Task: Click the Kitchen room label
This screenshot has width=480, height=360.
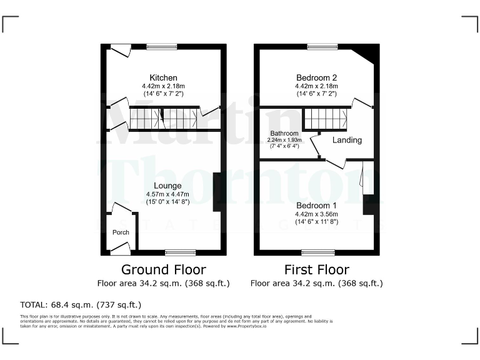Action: (163, 77)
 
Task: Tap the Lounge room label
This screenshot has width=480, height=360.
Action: (163, 186)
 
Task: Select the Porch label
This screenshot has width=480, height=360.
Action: (121, 232)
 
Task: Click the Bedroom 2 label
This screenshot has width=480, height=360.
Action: (316, 77)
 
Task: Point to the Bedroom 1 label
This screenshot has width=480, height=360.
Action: (316, 206)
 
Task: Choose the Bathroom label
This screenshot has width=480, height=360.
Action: (284, 134)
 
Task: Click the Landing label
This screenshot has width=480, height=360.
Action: (347, 140)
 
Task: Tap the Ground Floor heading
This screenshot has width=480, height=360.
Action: (163, 270)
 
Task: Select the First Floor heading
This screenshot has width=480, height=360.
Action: (316, 270)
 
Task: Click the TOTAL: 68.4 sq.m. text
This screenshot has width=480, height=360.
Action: (81, 305)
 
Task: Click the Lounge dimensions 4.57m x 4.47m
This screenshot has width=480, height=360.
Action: (163, 194)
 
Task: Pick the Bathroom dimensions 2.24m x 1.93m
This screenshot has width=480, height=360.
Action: (284, 140)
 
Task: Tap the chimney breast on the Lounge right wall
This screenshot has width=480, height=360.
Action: (217, 191)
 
